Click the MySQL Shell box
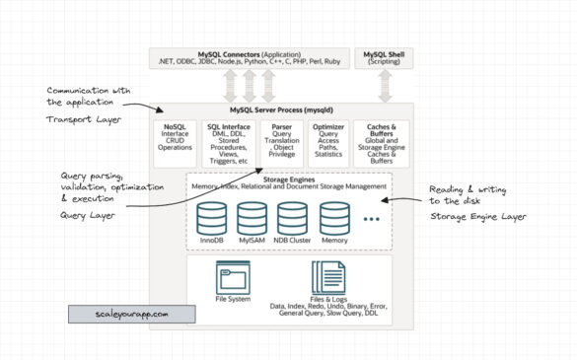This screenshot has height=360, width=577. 381,57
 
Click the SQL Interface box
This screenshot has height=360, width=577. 229,145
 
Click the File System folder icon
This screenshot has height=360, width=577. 233,277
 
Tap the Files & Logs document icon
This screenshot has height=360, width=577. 328,277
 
